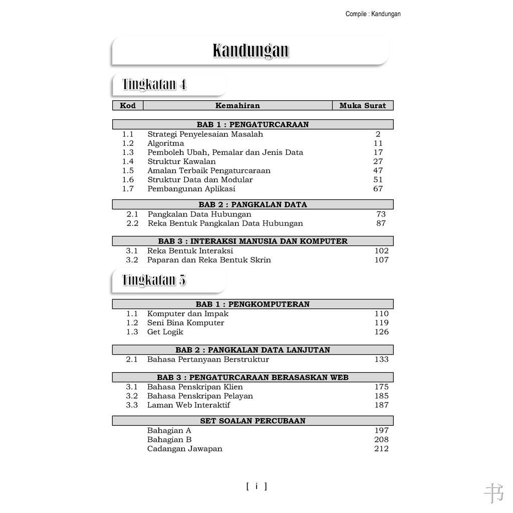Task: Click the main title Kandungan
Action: [250, 51]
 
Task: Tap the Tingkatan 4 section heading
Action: [154, 84]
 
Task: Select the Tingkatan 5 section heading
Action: [154, 280]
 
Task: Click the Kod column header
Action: [128, 106]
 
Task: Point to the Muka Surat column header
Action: [363, 106]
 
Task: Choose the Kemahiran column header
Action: [237, 106]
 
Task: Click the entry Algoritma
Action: [165, 143]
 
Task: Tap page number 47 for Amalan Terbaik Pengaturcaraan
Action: [378, 170]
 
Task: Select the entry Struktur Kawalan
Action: [181, 161]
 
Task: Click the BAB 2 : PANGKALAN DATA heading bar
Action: [252, 204]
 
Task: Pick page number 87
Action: [381, 223]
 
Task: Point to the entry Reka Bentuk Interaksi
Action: [190, 250]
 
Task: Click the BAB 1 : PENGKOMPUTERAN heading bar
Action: [252, 304]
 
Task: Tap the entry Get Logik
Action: [165, 332]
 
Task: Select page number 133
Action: [381, 359]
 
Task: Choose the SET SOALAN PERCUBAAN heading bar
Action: [252, 421]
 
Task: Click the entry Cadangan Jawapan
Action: [184, 448]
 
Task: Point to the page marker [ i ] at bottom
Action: [256, 486]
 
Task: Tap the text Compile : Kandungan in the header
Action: [373, 14]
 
